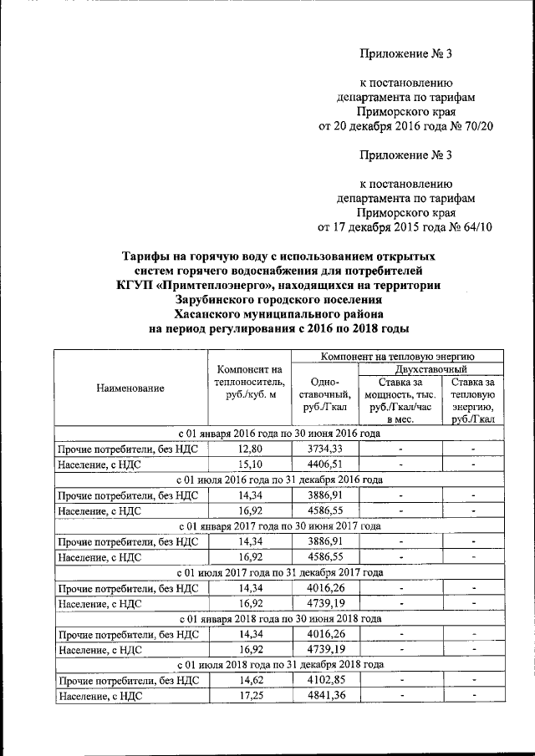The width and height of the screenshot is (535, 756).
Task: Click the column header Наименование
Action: pos(130,388)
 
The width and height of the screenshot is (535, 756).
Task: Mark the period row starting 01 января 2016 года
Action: pos(280,434)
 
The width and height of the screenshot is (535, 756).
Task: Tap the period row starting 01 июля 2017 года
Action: pos(280,572)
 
